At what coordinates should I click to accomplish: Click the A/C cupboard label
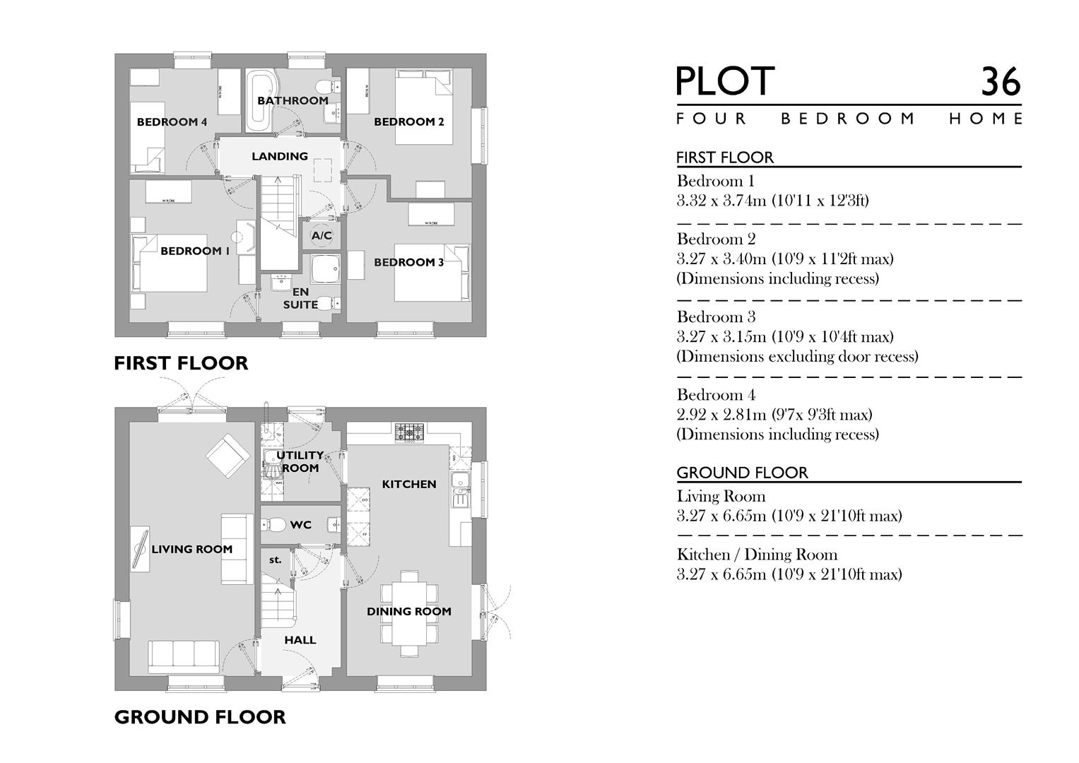tap(322, 235)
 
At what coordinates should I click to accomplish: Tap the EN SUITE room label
tap(300, 298)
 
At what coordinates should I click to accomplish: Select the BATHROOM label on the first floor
tap(293, 100)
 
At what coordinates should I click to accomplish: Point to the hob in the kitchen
tap(409, 432)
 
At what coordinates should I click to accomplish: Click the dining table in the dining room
tap(409, 612)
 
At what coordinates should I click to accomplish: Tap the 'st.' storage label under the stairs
tap(275, 560)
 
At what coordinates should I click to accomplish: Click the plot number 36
tap(1000, 82)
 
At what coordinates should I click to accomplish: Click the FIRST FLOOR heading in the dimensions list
tap(725, 158)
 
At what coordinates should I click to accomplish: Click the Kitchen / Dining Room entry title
tap(757, 555)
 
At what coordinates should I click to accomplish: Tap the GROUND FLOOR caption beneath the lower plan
tap(200, 717)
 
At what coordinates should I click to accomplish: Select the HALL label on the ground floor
tap(300, 640)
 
